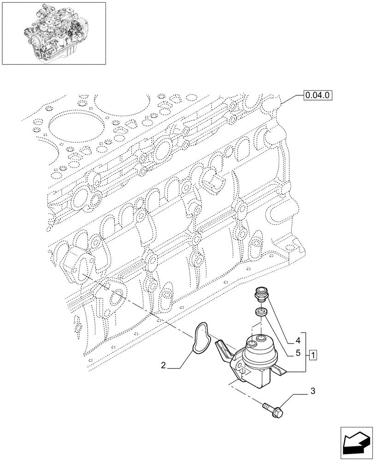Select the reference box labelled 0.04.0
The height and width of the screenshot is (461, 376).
(x=318, y=95)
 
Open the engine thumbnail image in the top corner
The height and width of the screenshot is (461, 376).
(x=53, y=33)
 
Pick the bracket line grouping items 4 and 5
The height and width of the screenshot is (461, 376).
(x=305, y=353)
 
